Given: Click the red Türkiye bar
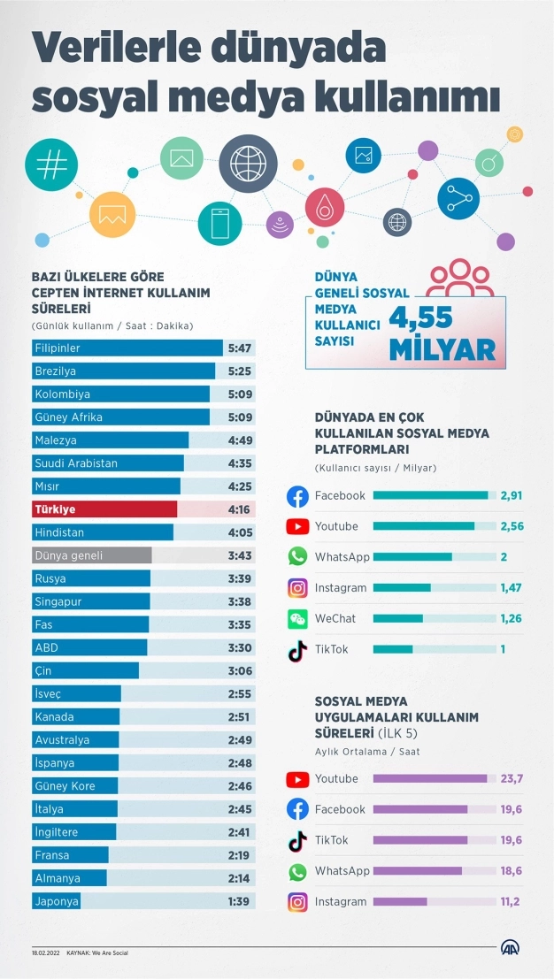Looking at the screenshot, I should (104, 509).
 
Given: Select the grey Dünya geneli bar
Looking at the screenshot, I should (91, 555).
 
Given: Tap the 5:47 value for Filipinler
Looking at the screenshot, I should (239, 348).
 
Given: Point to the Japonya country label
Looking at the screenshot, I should (57, 901).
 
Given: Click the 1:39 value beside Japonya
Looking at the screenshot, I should (239, 901).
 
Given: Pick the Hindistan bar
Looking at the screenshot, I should (103, 532).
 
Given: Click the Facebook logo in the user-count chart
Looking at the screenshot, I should (298, 496).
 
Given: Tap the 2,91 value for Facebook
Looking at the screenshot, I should (512, 495).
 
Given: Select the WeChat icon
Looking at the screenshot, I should (298, 618).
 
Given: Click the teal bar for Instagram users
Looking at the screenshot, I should (402, 587).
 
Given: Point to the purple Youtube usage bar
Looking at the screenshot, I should (430, 778).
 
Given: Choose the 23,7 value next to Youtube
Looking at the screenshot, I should (512, 778).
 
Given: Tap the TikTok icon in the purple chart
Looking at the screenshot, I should (298, 840).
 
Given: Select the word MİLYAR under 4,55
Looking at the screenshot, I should (442, 349).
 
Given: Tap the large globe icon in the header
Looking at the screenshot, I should (249, 164).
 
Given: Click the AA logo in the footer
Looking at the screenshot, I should (512, 948).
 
